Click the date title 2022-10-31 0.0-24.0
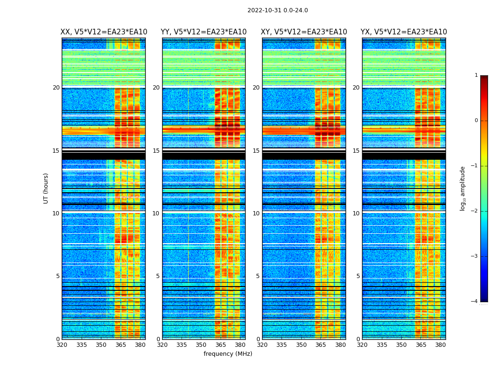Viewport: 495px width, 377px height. (x=278, y=10)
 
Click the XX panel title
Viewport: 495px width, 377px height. (x=104, y=32)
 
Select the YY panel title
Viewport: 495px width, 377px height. (x=204, y=32)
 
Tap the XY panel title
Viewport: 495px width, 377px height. (x=304, y=32)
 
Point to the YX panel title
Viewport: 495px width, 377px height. (x=404, y=32)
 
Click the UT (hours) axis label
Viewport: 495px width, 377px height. (x=46, y=188)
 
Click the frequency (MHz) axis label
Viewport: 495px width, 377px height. (x=228, y=354)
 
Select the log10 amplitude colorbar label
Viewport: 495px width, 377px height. (x=463, y=188)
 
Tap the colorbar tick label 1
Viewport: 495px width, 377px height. (x=476, y=75)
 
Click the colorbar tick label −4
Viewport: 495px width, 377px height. (x=475, y=302)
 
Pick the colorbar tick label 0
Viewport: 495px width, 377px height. (x=476, y=121)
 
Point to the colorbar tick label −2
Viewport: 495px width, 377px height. (x=475, y=211)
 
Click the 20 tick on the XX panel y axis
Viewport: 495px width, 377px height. (x=56, y=88)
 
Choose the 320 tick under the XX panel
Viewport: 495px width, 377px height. (x=62, y=345)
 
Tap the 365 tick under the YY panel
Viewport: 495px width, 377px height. (x=221, y=345)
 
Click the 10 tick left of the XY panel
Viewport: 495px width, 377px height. (x=256, y=213)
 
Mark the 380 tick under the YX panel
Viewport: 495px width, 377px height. (x=440, y=345)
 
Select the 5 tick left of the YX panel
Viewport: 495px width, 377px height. (x=358, y=276)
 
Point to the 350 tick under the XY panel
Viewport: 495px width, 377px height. (x=301, y=345)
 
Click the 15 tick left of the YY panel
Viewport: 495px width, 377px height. (x=156, y=151)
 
